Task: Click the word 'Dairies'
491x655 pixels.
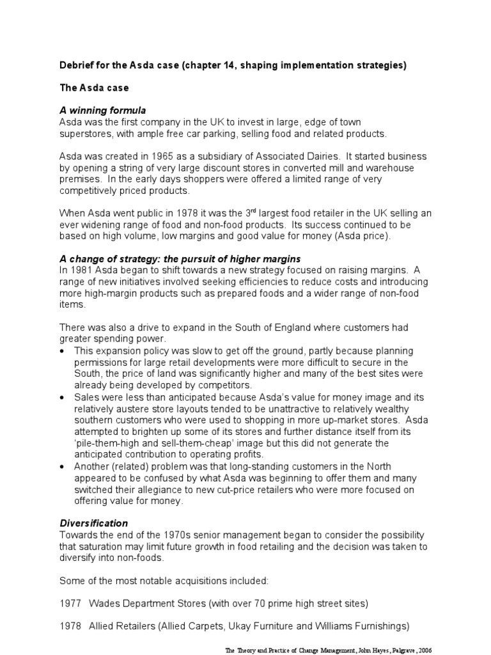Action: click(x=323, y=157)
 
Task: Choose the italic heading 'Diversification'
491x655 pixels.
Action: click(x=93, y=523)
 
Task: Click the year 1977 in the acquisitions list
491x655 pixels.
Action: click(x=70, y=603)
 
